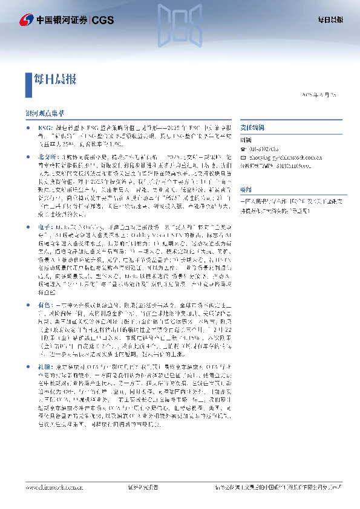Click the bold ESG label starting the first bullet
click(x=45, y=128)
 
